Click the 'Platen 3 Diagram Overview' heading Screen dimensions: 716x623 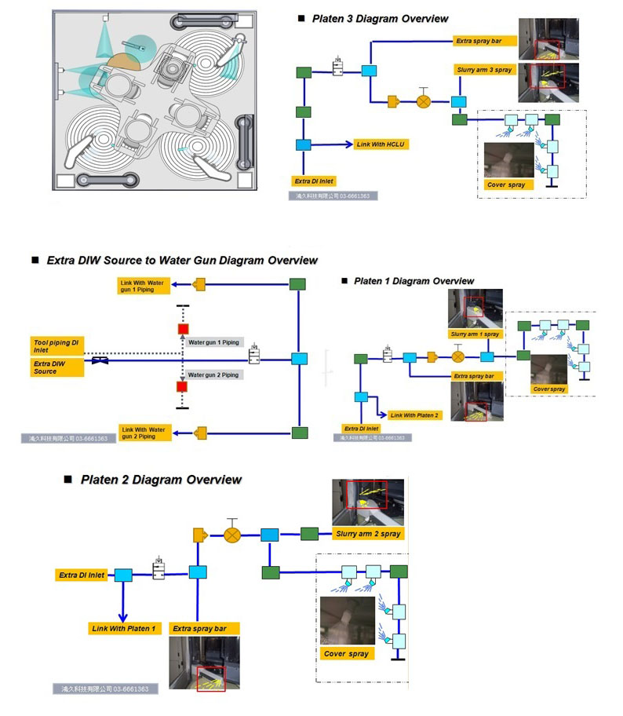coord(381,18)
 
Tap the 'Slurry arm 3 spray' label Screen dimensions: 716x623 coord(484,70)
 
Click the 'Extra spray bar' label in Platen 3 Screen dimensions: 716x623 coord(485,40)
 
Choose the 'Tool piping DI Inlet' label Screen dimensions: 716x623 coord(57,346)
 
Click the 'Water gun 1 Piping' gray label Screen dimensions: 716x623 coord(213,342)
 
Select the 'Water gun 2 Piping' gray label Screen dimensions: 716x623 coord(213,375)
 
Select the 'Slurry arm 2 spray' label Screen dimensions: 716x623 coord(368,534)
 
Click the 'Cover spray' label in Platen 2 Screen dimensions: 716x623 coord(347,653)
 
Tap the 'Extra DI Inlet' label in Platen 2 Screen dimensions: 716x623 coord(82,575)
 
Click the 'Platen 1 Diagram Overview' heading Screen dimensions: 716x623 coord(414,280)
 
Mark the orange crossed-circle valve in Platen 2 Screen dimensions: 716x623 coord(231,535)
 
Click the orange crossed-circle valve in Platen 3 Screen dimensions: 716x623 coord(424,101)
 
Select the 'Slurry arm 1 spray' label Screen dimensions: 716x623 coord(475,334)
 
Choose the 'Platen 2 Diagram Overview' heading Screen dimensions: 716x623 coord(161,480)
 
